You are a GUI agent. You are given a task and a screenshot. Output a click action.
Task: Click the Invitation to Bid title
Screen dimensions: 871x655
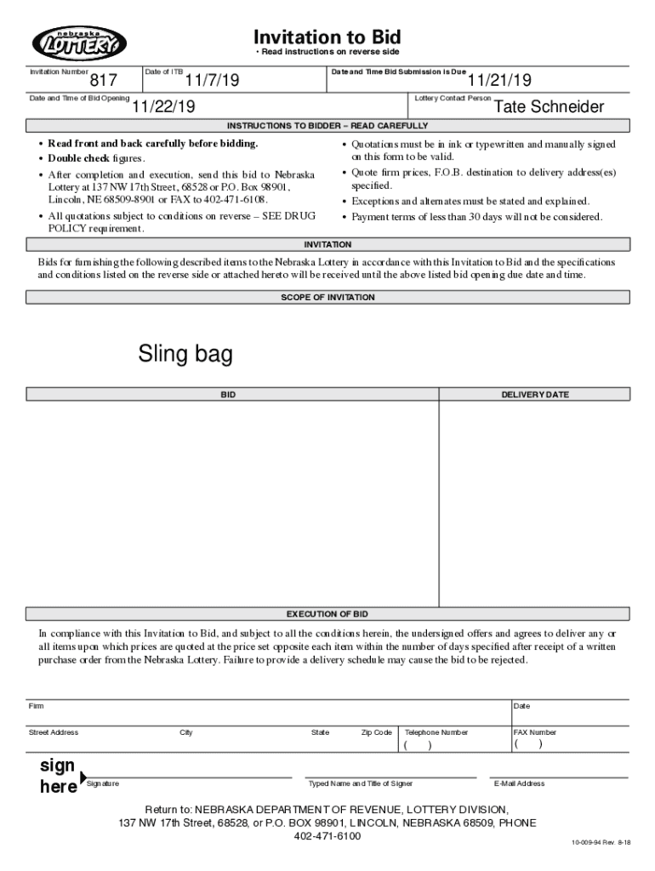(x=327, y=37)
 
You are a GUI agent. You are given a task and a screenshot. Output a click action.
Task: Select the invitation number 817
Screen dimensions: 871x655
(x=103, y=81)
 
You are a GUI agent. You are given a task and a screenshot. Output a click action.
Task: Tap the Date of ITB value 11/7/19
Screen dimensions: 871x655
(x=213, y=81)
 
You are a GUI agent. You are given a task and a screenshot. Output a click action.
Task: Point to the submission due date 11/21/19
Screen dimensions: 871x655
(x=499, y=81)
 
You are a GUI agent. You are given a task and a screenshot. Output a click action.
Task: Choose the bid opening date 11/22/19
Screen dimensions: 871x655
(x=162, y=107)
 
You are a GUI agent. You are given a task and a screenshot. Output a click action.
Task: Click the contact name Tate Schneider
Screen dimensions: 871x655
(x=550, y=107)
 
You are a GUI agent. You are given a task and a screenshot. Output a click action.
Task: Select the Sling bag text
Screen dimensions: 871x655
(x=185, y=355)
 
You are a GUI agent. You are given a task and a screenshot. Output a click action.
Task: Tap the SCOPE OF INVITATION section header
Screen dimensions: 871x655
(x=327, y=298)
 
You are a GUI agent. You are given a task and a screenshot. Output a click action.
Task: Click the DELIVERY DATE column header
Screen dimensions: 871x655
(x=534, y=395)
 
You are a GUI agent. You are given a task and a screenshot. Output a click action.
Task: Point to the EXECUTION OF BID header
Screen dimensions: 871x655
(x=327, y=614)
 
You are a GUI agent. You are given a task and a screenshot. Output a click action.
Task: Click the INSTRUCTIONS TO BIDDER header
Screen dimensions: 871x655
(x=327, y=126)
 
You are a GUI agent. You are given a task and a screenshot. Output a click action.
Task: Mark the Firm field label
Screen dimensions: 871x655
(x=37, y=707)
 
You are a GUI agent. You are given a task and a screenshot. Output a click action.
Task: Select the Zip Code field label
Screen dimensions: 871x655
(x=376, y=732)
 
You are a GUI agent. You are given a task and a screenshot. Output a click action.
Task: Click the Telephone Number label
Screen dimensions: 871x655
(x=436, y=732)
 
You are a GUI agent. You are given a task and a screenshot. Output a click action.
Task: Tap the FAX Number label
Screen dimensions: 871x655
(x=535, y=732)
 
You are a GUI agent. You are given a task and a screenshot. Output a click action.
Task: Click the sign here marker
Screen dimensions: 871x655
(x=59, y=776)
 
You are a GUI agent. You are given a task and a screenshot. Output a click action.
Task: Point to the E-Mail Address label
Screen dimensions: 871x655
(x=519, y=783)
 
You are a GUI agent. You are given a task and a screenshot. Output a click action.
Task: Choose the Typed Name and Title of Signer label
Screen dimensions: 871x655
(x=361, y=783)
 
